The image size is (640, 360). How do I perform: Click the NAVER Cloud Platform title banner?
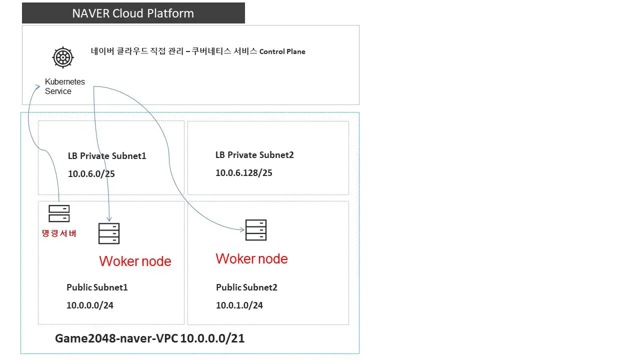133,13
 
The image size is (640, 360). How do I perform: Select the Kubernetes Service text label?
65,86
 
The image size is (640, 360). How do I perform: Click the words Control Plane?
282,51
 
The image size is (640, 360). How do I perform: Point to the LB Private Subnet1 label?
107,156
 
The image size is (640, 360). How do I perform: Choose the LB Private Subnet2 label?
254,155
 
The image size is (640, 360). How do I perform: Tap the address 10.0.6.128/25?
243,173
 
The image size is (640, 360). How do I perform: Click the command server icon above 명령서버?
59,213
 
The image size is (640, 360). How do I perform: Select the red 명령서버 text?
59,233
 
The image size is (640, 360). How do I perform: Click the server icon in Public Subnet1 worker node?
109,233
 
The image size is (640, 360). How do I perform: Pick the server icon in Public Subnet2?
255,230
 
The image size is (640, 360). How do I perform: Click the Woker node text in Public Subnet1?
135,261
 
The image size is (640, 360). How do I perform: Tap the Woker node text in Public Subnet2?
251,258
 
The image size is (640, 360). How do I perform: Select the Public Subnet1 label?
97,287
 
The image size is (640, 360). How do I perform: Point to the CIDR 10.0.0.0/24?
90,305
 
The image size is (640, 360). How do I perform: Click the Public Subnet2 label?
246,287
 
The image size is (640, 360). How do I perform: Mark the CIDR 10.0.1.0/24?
239,305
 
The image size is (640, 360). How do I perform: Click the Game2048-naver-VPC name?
117,338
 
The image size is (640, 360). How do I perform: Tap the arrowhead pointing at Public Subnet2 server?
242,229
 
